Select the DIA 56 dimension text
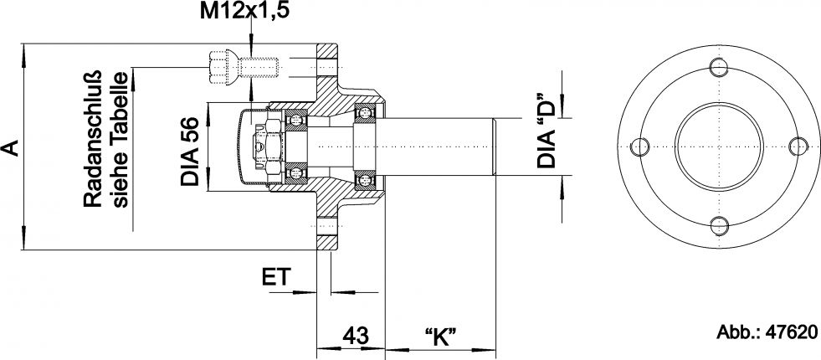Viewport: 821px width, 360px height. point(191,151)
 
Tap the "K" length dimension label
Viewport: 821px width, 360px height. point(439,337)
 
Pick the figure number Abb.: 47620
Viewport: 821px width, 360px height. point(767,332)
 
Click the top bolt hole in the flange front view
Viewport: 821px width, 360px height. point(717,67)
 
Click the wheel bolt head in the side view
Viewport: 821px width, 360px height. point(220,64)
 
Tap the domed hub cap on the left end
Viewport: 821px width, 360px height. point(244,146)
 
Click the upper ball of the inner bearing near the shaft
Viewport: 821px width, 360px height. point(365,113)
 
